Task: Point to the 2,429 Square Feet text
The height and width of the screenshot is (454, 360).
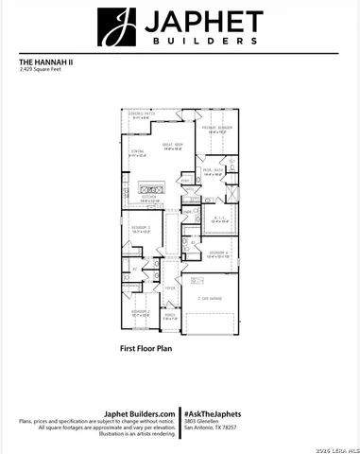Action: click(x=40, y=72)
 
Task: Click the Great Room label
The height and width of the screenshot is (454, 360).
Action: click(x=172, y=146)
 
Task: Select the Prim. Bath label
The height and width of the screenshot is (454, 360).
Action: click(x=213, y=172)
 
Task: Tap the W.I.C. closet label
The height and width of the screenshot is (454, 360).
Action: click(x=219, y=220)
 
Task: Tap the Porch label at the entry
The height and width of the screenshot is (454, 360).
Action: click(x=170, y=318)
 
